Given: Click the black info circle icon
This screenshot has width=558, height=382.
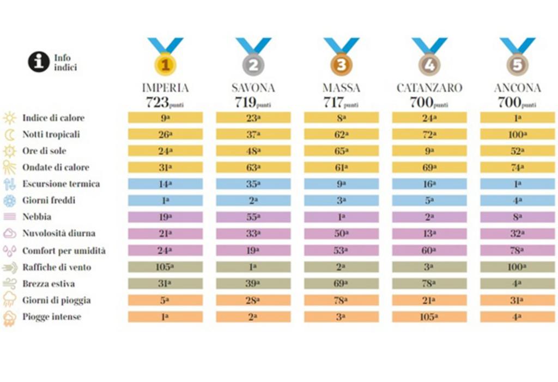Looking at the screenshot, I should (x=39, y=62).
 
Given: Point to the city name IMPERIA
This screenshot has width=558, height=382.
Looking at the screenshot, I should (x=166, y=88).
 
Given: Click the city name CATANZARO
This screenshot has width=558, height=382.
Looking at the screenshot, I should (x=429, y=88).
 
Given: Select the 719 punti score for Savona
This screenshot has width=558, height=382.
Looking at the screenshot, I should (x=253, y=102).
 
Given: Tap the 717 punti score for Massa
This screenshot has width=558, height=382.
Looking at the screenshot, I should (x=341, y=102).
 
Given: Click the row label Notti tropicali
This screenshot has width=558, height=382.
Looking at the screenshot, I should (x=51, y=134).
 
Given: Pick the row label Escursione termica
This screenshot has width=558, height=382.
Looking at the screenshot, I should (x=61, y=184).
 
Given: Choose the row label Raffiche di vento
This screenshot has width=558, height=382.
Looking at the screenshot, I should (x=57, y=267).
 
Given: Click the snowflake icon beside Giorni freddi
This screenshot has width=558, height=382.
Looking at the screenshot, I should (x=9, y=201).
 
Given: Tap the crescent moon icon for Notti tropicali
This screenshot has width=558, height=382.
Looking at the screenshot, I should (x=9, y=134).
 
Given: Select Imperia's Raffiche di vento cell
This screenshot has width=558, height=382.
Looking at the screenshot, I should (x=166, y=267).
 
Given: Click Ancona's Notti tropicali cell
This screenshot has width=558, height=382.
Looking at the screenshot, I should (x=517, y=134).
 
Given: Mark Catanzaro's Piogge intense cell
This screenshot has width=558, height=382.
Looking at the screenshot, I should (x=429, y=317).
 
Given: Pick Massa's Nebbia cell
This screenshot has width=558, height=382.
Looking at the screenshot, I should (x=341, y=217).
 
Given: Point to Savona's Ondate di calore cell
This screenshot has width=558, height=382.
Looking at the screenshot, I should (x=253, y=168).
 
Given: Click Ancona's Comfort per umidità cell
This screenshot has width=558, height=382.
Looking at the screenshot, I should (x=517, y=250).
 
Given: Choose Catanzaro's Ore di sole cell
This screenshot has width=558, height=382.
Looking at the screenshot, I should (x=429, y=151).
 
